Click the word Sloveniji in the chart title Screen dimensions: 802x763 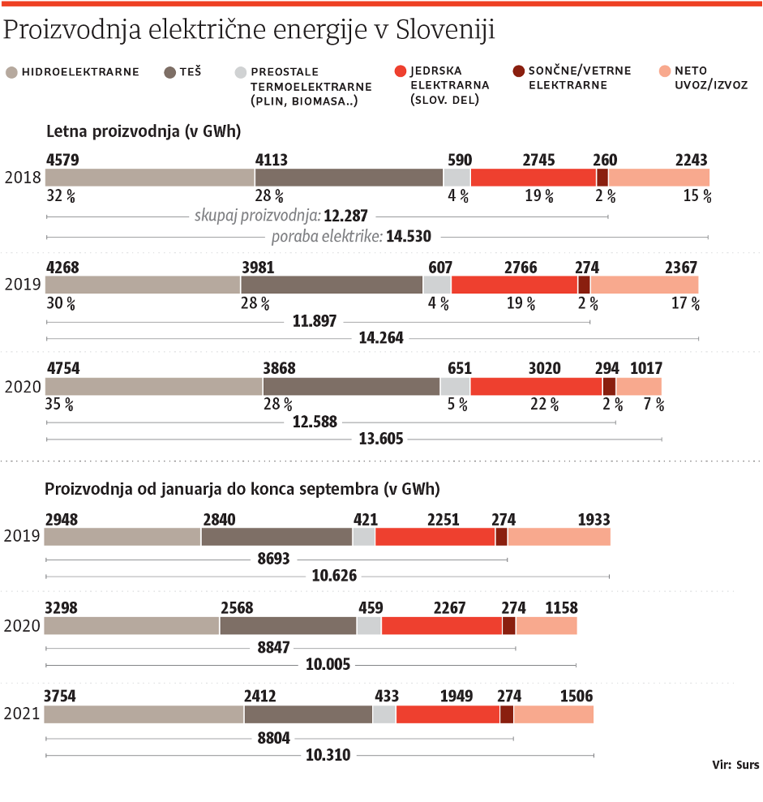(447, 30)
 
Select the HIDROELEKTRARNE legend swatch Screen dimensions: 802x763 (11, 72)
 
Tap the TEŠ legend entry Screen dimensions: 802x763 (182, 72)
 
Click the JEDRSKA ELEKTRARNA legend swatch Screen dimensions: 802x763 (398, 72)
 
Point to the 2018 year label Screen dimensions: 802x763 (20, 178)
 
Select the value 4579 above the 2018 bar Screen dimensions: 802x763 (63, 160)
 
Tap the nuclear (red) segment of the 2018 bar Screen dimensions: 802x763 (534, 178)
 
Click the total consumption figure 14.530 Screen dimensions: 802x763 (409, 237)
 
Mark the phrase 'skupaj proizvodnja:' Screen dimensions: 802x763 (257, 216)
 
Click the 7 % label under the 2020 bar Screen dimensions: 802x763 (654, 405)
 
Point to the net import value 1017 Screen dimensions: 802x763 (645, 368)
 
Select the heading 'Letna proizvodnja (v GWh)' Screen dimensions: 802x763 (143, 131)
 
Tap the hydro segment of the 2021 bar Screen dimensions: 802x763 (144, 714)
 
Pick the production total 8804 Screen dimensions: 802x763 (273, 738)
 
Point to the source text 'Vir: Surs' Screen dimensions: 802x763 (735, 765)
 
